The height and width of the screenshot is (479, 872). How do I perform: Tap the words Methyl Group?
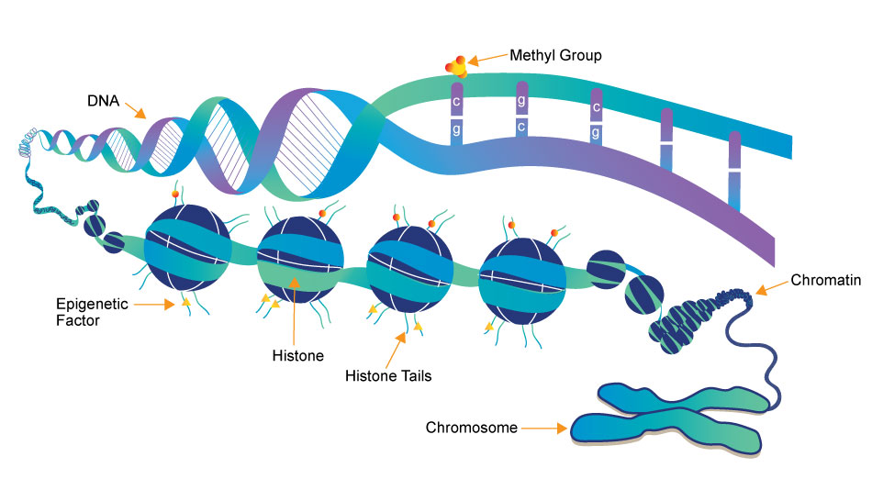click(548, 56)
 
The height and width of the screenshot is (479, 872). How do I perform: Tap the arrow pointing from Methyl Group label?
click(487, 60)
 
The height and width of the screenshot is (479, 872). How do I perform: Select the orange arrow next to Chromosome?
click(549, 428)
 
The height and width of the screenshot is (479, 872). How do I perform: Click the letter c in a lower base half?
click(520, 126)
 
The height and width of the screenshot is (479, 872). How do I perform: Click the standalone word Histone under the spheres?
click(294, 353)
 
